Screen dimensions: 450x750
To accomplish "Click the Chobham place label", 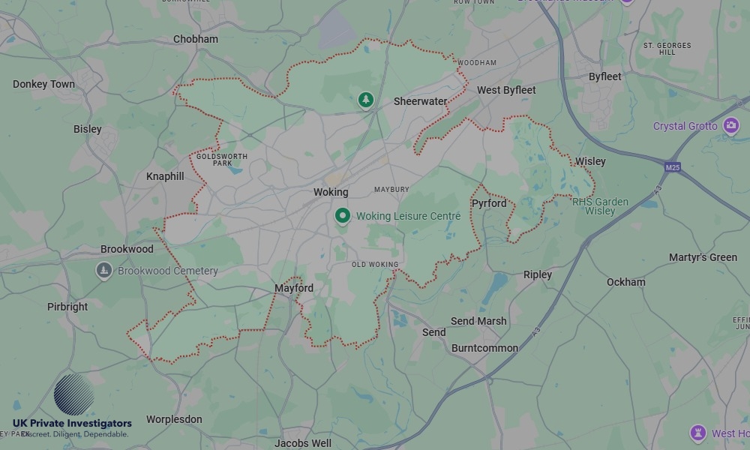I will coord(196,39).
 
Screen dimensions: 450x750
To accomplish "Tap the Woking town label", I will coord(331,192).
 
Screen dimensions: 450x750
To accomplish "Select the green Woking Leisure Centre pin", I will coord(343,216).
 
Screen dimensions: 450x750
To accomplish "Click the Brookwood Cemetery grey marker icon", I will coord(104,270).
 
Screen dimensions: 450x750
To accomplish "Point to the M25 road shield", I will coord(672,166).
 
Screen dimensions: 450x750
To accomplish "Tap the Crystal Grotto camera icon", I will coord(731,125).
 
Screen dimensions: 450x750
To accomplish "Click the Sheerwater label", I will coord(420,101).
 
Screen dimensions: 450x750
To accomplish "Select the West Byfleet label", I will coord(506,90).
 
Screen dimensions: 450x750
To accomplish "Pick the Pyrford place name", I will coord(489,203).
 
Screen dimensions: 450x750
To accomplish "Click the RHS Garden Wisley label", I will coord(600,206).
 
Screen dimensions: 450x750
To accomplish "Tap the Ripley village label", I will coord(537,274).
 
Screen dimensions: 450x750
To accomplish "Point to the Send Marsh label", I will coord(478,321).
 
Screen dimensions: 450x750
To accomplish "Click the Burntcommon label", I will coord(484,348).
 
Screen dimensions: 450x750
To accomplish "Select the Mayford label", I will coord(294,288).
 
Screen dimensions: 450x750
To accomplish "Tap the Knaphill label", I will coord(165,176).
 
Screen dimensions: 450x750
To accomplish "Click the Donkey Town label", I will coord(43,84).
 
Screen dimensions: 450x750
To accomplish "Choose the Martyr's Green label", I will coord(703,257).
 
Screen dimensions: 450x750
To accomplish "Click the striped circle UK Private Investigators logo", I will coord(74,394).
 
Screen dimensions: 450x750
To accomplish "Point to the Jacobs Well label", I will coord(303,443).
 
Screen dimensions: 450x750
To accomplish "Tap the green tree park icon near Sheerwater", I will coord(365,99).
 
